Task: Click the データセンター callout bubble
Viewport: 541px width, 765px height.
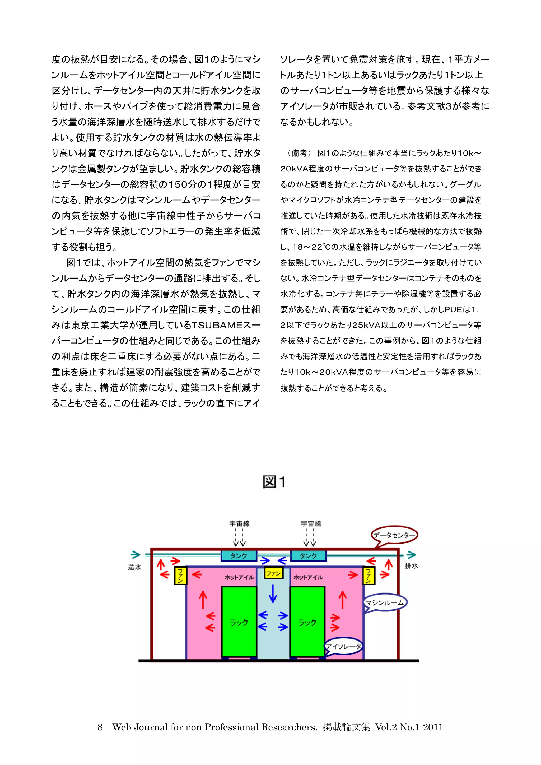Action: tap(394, 535)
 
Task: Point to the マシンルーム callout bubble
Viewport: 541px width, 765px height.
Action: tap(385, 602)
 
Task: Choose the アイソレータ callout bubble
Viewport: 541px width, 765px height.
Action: tap(343, 646)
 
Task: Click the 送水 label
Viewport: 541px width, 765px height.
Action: tap(134, 567)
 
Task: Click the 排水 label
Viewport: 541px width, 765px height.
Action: tap(411, 565)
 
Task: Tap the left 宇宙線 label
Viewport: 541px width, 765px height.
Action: tap(239, 523)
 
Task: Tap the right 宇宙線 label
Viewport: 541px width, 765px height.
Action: tap(311, 523)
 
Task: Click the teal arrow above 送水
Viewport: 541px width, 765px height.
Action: tap(135, 554)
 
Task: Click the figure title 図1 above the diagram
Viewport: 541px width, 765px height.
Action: tap(274, 482)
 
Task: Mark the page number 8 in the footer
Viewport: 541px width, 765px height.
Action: tap(100, 727)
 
